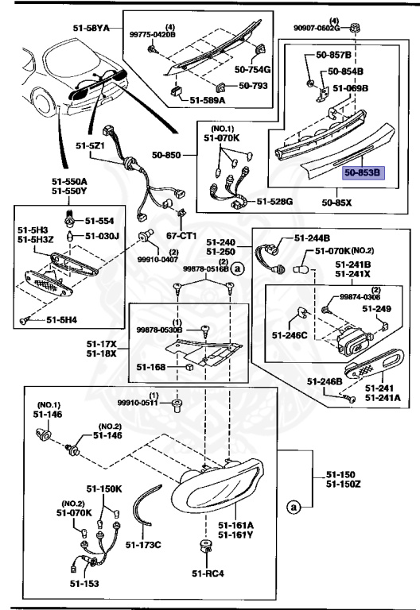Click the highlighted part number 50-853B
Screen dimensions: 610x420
(x=363, y=171)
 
